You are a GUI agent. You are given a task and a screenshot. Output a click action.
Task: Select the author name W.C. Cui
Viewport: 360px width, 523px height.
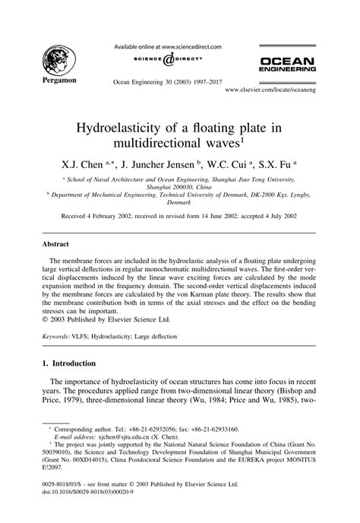[231, 164]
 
